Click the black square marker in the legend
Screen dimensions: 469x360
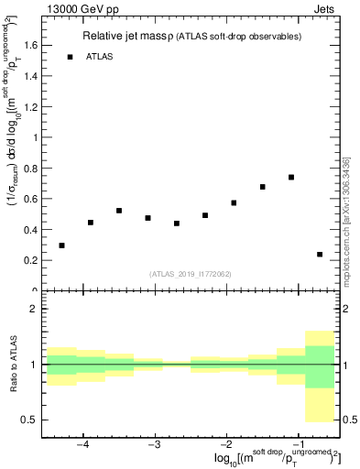[70, 57]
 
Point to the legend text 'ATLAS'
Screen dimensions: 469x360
[101, 57]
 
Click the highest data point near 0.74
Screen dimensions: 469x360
[291, 178]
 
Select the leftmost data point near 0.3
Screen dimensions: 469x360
[61, 245]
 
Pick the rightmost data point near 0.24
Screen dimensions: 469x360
[320, 255]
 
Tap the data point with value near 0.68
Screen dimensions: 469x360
[263, 187]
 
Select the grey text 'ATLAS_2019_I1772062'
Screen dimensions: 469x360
[191, 273]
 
